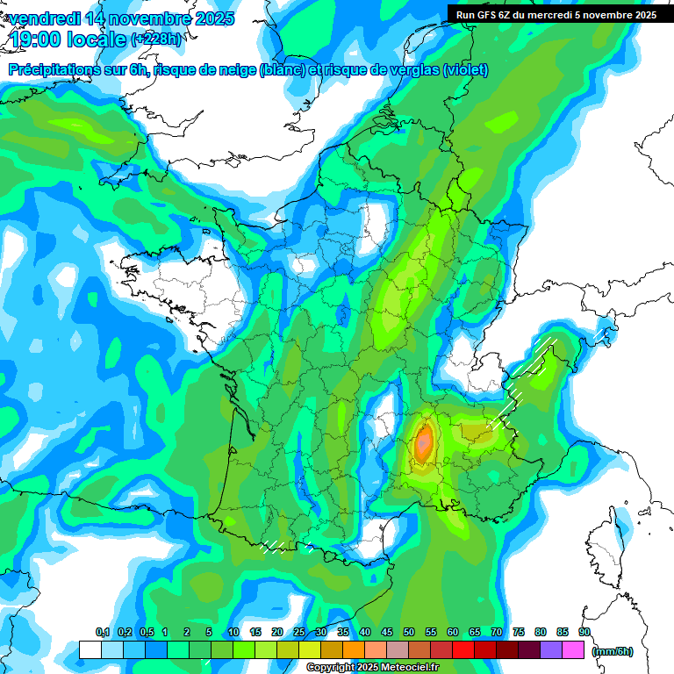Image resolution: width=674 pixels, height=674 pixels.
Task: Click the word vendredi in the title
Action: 44,18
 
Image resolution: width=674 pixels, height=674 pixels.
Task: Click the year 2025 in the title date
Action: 212,18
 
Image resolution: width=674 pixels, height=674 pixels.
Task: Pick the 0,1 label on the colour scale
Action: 102,633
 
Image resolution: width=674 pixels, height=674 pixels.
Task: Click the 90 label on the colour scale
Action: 584,633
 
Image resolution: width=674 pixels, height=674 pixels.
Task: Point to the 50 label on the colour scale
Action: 409,633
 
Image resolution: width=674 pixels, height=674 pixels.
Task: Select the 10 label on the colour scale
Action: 233,633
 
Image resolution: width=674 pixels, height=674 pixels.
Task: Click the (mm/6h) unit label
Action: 613,650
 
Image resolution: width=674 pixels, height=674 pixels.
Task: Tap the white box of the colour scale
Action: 90,649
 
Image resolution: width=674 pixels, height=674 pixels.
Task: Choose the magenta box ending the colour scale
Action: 573,649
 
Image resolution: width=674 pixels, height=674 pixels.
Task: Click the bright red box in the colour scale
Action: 462,649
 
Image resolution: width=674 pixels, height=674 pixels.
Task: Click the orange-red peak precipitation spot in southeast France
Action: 425,441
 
